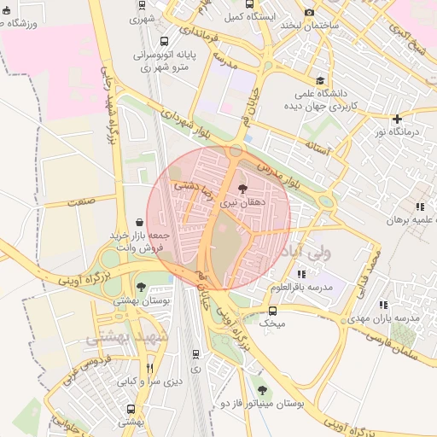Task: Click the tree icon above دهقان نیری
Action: coord(243,189)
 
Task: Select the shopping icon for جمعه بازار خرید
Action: coord(139,222)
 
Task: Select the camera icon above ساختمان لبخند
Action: coord(309,13)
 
